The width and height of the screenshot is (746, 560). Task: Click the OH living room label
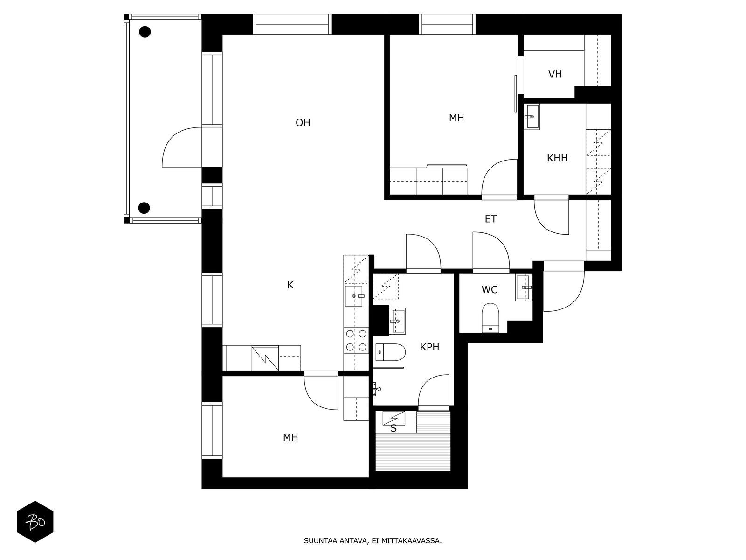(x=303, y=122)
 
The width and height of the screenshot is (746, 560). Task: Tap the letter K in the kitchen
(x=290, y=285)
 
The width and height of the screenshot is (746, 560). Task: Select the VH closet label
(x=555, y=74)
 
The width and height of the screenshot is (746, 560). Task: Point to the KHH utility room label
(x=557, y=158)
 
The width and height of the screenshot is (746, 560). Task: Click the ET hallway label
(x=490, y=219)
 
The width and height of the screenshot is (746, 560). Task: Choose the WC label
(x=490, y=290)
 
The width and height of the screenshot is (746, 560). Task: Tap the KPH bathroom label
(x=429, y=347)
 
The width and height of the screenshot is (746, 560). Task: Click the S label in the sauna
(x=394, y=428)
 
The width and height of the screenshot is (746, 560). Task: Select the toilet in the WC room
(x=490, y=318)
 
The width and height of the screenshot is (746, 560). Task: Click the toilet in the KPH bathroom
(x=391, y=352)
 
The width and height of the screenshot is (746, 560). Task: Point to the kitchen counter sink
(x=354, y=296)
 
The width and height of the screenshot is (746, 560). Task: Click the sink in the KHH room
(x=531, y=117)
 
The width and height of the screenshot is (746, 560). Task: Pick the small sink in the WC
(x=524, y=288)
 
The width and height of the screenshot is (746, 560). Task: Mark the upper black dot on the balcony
(x=145, y=32)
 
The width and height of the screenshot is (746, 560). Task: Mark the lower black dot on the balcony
(x=144, y=208)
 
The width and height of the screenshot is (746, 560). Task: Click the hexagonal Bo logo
(x=35, y=522)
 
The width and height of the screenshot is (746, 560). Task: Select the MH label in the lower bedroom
(x=290, y=438)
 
